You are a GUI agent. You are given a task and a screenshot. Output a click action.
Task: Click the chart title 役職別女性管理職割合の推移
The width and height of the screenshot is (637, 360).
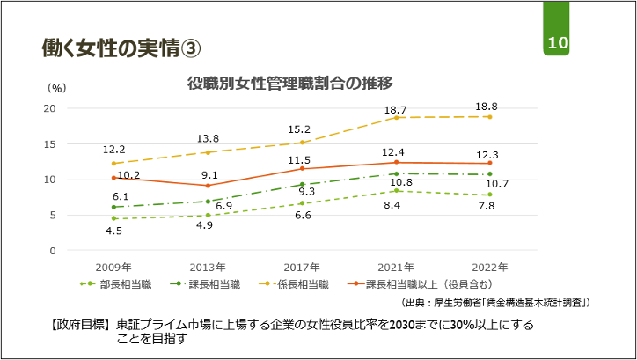pyautogui.click(x=289, y=83)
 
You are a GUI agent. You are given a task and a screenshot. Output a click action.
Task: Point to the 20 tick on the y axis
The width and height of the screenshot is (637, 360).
pyautogui.click(x=49, y=108)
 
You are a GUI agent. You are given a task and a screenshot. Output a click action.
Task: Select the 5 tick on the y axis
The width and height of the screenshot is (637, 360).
pyautogui.click(x=52, y=215)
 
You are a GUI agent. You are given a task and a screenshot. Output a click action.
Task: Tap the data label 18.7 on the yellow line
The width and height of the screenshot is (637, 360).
pyautogui.click(x=395, y=109)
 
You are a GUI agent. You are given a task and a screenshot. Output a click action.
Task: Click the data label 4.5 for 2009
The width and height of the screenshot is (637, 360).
pyautogui.click(x=113, y=231)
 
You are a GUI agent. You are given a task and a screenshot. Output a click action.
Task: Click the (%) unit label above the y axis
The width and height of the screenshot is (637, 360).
pyautogui.click(x=56, y=88)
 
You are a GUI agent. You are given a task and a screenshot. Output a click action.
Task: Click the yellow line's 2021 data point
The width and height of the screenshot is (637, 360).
pyautogui.click(x=396, y=117)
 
